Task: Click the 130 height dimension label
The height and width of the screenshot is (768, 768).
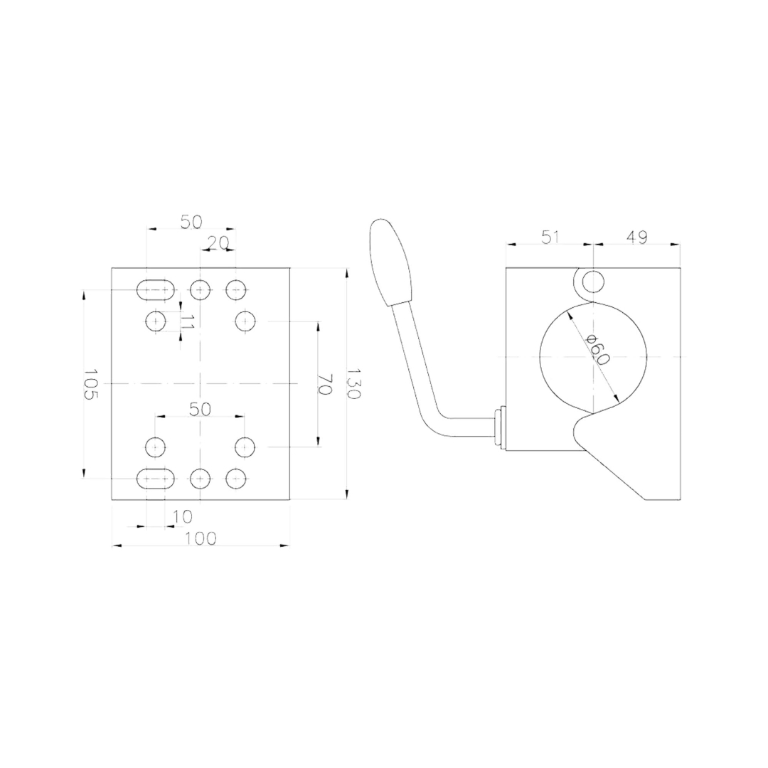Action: tap(353, 383)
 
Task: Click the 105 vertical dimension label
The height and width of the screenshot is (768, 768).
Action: tap(90, 385)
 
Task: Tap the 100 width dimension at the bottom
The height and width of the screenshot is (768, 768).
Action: tap(201, 538)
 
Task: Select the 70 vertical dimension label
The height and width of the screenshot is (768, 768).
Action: tap(325, 384)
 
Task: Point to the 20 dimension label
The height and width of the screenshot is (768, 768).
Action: tap(218, 242)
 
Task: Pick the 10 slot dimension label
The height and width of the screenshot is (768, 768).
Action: tap(183, 516)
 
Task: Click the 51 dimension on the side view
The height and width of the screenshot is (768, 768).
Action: tap(550, 237)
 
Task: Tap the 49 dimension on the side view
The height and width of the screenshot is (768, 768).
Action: tap(636, 237)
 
